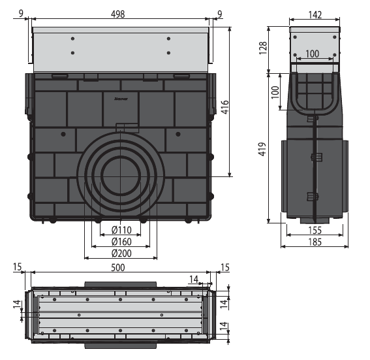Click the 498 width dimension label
pos(117,14)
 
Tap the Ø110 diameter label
pos(121,229)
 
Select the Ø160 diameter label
pos(121,242)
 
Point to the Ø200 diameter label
pos(121,254)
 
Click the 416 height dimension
pos(225,107)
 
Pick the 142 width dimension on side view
pos(315,15)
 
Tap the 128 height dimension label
pos(263,48)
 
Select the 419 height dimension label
pos(262,149)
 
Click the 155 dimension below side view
pos(315,230)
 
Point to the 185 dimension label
pos(315,242)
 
